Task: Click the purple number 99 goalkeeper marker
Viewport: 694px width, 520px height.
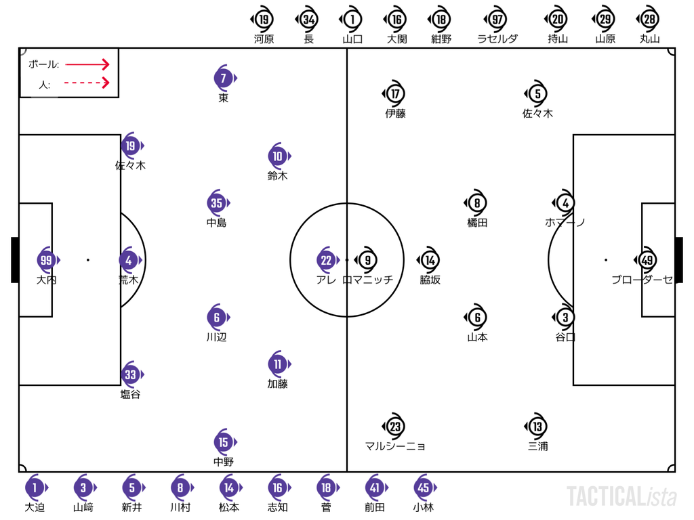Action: (47, 260)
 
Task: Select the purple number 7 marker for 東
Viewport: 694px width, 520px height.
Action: (224, 79)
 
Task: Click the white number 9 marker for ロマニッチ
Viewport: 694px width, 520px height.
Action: (367, 260)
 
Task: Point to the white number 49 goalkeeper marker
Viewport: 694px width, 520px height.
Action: (646, 260)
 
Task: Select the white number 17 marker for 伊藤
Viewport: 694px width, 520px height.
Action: (394, 93)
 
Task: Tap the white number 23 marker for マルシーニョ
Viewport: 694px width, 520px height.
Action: (394, 427)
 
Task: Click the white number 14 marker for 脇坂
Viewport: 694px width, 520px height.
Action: (429, 260)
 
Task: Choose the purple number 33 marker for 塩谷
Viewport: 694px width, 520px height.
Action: (131, 374)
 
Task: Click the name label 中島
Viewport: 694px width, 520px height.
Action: (216, 222)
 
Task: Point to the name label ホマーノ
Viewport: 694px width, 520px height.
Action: (565, 222)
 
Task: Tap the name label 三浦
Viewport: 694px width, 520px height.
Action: (537, 446)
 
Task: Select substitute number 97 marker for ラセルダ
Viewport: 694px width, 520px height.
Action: (497, 20)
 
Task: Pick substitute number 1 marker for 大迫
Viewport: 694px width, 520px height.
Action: (36, 487)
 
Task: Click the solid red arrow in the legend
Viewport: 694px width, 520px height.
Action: (87, 64)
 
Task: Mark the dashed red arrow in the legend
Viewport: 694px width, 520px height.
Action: (87, 83)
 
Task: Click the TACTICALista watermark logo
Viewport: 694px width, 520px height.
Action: (622, 496)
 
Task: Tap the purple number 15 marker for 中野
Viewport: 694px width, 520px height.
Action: (224, 442)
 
